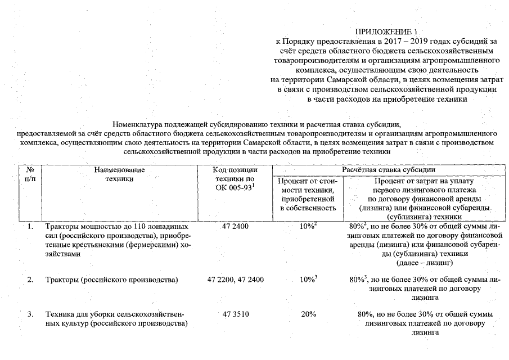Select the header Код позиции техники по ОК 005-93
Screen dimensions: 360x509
pos(235,178)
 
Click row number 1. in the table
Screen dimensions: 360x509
pos(30,226)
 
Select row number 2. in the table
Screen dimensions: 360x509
pos(30,280)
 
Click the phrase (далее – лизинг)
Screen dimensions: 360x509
pos(425,263)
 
